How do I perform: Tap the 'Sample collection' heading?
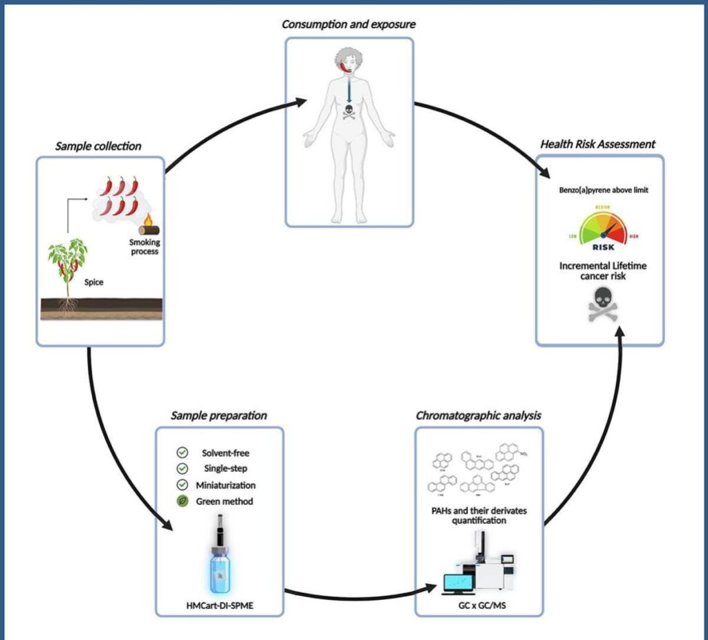100,146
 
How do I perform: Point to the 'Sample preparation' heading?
219,416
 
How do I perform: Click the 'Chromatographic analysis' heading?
478,416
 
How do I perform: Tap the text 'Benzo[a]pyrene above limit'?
600,189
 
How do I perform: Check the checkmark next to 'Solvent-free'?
183,452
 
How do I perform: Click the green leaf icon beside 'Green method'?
183,501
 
